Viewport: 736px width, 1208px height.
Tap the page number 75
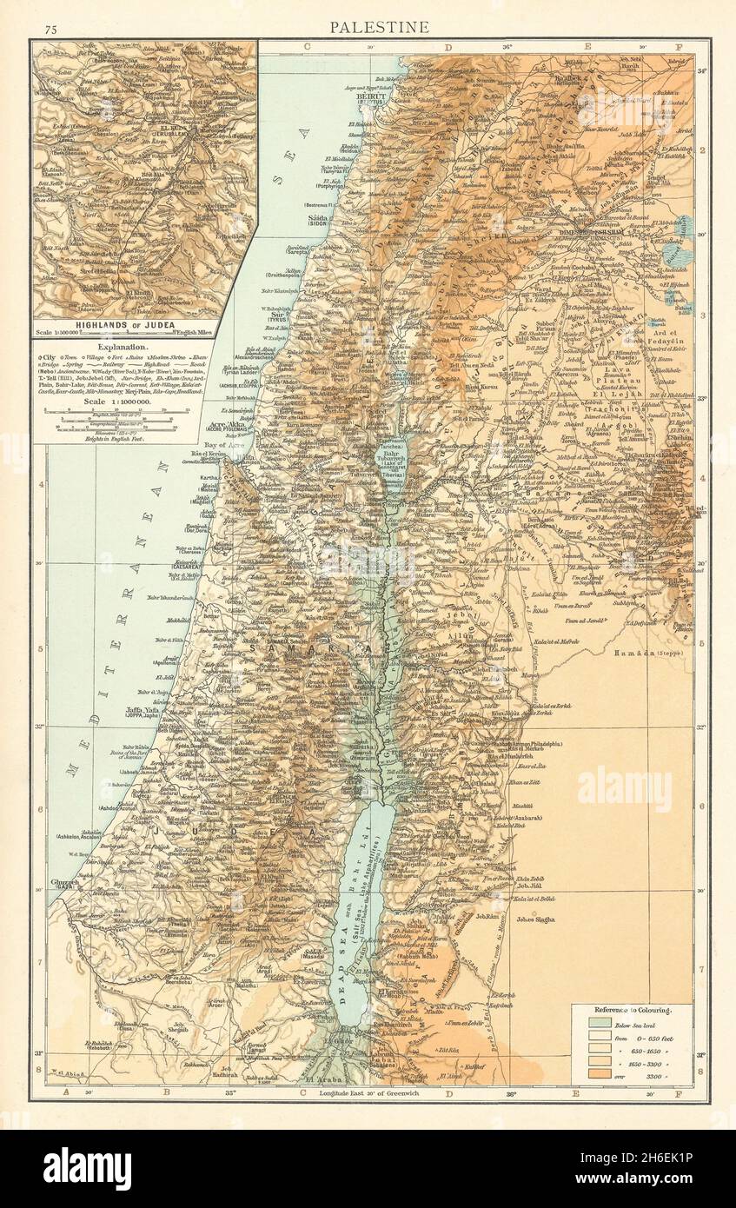pos(50,30)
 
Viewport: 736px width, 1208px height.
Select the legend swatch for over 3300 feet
pos(600,1075)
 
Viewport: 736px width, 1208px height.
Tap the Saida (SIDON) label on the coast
pos(323,219)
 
